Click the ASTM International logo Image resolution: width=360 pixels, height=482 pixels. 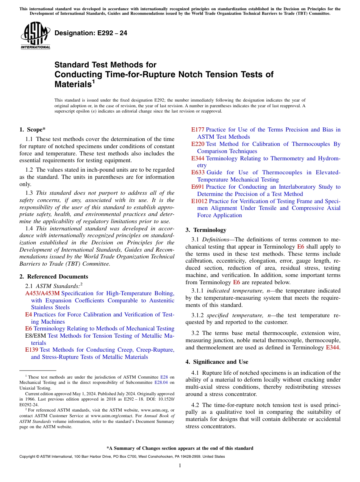[35, 36]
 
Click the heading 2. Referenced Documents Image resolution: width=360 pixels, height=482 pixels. [53, 277]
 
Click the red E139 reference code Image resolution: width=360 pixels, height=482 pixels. [31, 350]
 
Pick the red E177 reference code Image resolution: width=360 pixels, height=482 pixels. [197, 130]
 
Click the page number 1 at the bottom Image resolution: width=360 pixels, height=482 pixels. [180, 465]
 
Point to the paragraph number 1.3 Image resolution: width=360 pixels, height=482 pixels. [29, 193]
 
